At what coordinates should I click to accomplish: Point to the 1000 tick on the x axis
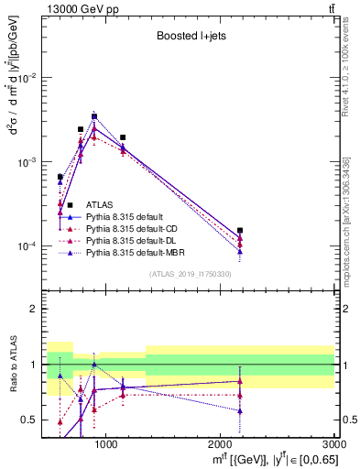point(106,444)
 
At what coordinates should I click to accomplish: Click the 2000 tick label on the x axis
point(220,444)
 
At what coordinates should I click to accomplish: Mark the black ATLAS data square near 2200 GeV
point(240,231)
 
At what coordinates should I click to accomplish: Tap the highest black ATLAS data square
point(94,116)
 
